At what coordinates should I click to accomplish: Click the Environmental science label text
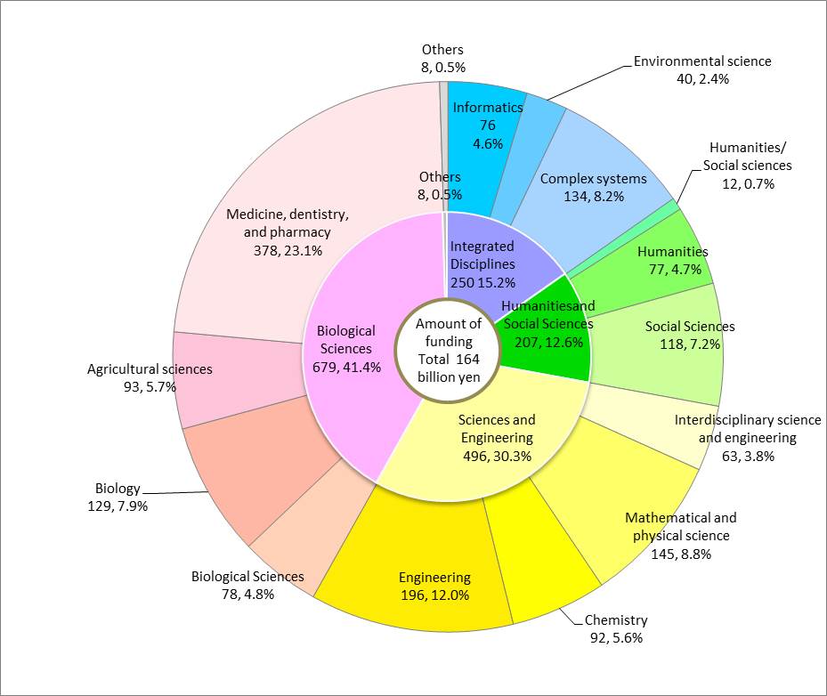(702, 62)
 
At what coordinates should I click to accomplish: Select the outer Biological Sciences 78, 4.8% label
(247, 585)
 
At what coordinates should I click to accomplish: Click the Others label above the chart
(442, 51)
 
